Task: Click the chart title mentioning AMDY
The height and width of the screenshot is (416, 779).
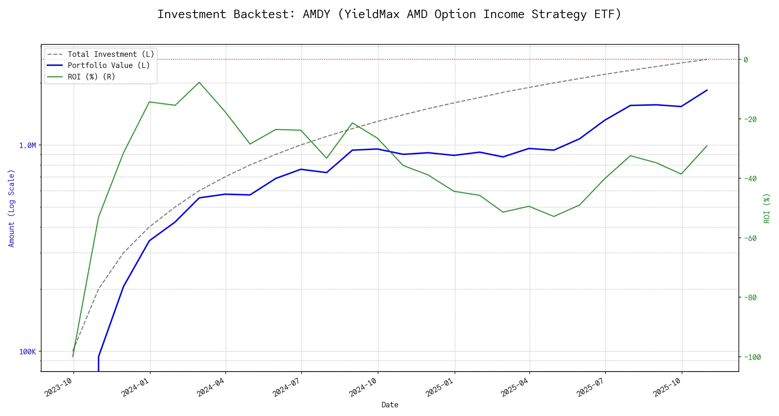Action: click(x=389, y=15)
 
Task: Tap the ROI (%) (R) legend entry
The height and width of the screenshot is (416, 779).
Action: click(x=91, y=77)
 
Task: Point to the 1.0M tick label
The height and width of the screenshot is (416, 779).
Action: click(x=28, y=146)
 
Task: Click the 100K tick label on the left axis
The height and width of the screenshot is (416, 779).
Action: click(x=28, y=352)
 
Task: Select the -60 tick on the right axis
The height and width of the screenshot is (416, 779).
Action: click(x=750, y=238)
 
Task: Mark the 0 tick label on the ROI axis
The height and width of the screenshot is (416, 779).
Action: click(x=746, y=60)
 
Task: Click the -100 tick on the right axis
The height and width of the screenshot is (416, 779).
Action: click(x=752, y=357)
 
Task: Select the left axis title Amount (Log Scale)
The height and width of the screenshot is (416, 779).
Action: click(x=12, y=208)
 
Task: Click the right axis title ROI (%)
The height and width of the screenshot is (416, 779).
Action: click(x=767, y=208)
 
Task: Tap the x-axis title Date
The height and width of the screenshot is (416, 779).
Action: click(x=390, y=405)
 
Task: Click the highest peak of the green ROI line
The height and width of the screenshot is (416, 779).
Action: click(x=199, y=82)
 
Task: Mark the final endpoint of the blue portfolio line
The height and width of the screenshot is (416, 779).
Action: click(x=707, y=90)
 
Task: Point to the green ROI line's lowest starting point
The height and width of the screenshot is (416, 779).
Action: click(x=73, y=357)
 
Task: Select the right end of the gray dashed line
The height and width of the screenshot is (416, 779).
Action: click(x=707, y=59)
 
